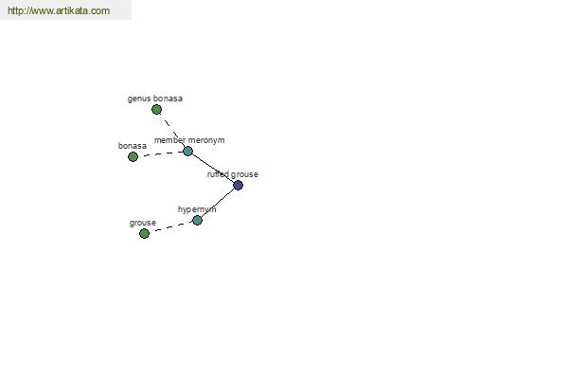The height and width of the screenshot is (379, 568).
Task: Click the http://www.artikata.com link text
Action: click(59, 10)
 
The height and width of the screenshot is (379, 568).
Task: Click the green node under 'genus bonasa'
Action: click(156, 109)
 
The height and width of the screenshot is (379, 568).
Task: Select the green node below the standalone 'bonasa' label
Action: click(133, 156)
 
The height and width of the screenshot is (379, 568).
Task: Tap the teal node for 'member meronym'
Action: click(187, 151)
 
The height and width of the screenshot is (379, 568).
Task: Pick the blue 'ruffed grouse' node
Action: click(238, 186)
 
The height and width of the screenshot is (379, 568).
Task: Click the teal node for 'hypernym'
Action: click(197, 220)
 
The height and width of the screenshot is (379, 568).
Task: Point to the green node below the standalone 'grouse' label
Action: click(144, 233)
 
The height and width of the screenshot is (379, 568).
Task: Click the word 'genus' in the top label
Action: click(139, 99)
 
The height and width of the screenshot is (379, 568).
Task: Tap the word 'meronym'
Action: click(206, 140)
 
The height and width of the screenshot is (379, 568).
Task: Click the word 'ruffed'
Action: click(218, 174)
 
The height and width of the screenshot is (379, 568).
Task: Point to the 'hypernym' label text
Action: click(197, 209)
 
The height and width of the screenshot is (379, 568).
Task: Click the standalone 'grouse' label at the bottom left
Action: click(143, 223)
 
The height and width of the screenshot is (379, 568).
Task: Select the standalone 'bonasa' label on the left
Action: click(133, 146)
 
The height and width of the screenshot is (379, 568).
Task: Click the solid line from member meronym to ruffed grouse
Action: click(213, 169)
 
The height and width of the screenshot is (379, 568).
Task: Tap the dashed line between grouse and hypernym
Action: click(170, 226)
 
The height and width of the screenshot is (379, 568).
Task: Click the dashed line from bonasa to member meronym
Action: click(160, 153)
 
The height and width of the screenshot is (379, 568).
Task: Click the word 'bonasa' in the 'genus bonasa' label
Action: click(168, 99)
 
